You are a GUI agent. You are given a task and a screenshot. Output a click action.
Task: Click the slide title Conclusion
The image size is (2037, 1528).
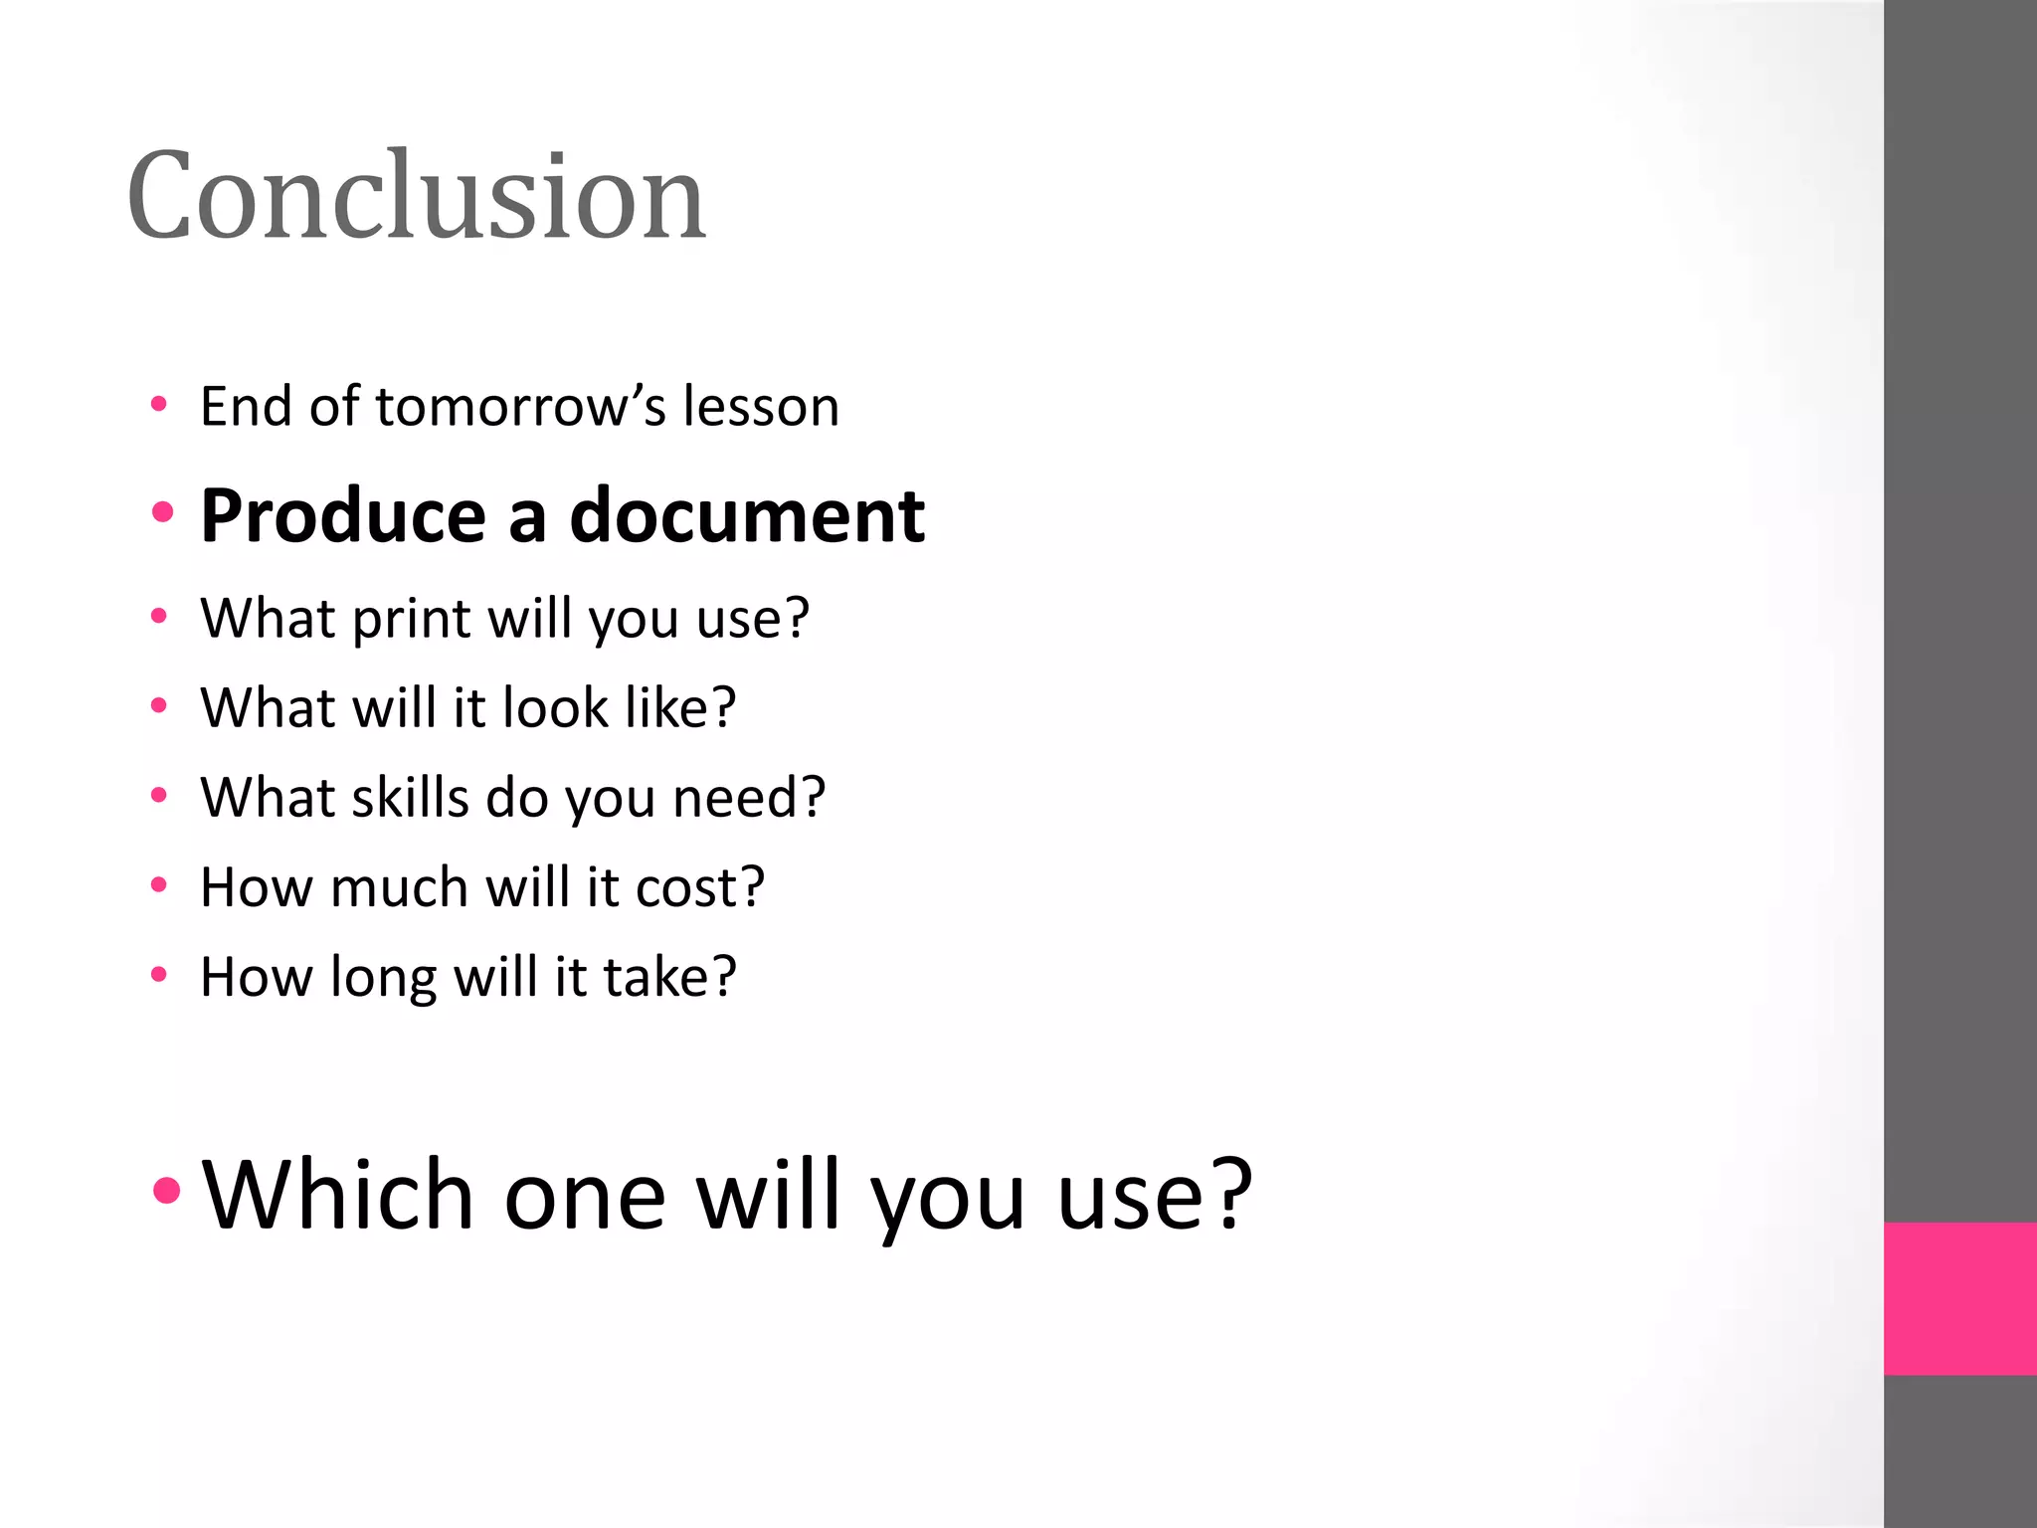tap(416, 195)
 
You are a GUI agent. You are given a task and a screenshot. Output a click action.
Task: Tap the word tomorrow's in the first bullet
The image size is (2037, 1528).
tap(520, 407)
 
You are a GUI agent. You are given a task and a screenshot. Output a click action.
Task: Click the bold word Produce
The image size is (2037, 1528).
tap(343, 516)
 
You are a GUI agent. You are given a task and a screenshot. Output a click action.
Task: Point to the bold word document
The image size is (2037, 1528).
tap(747, 516)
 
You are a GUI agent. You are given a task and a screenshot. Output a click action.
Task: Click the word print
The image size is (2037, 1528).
tap(411, 619)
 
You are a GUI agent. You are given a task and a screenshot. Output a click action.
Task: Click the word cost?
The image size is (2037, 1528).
tap(700, 887)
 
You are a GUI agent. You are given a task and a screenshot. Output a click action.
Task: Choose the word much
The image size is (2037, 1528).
tap(399, 887)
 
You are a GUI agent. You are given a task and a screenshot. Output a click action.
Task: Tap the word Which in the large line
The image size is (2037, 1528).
tap(337, 1195)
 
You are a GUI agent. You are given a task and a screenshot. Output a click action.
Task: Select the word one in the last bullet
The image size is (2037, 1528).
tap(585, 1197)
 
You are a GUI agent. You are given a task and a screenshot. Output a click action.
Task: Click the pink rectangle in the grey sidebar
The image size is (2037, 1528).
tap(1959, 1298)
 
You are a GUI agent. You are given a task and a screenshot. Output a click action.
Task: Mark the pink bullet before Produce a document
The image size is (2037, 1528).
tap(163, 513)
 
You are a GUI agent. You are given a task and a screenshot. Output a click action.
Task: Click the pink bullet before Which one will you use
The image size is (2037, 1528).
tap(167, 1190)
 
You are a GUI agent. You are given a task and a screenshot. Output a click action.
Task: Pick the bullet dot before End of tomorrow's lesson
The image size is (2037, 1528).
tap(159, 404)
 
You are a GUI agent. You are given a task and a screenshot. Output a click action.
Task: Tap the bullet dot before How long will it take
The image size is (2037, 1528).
tap(159, 974)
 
